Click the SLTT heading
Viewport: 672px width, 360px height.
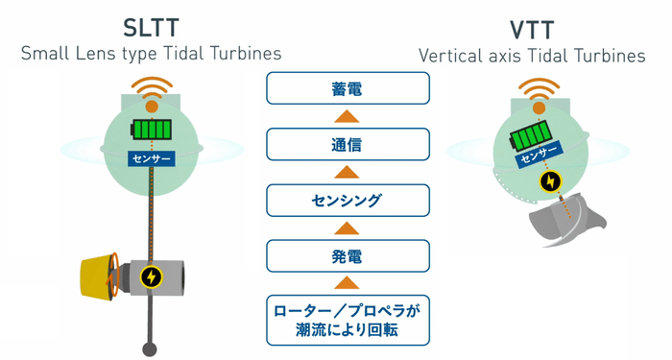point(151,24)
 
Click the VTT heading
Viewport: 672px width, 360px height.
point(532,28)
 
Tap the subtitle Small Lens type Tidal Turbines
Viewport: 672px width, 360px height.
point(151,54)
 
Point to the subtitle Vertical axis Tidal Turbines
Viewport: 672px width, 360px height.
point(532,56)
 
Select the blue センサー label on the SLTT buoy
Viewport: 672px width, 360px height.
point(150,156)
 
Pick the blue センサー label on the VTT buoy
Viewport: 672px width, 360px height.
point(539,155)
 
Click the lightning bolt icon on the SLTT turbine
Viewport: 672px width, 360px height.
point(151,277)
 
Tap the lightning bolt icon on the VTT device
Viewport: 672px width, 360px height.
point(551,180)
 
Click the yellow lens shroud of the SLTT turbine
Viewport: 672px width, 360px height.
point(96,276)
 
